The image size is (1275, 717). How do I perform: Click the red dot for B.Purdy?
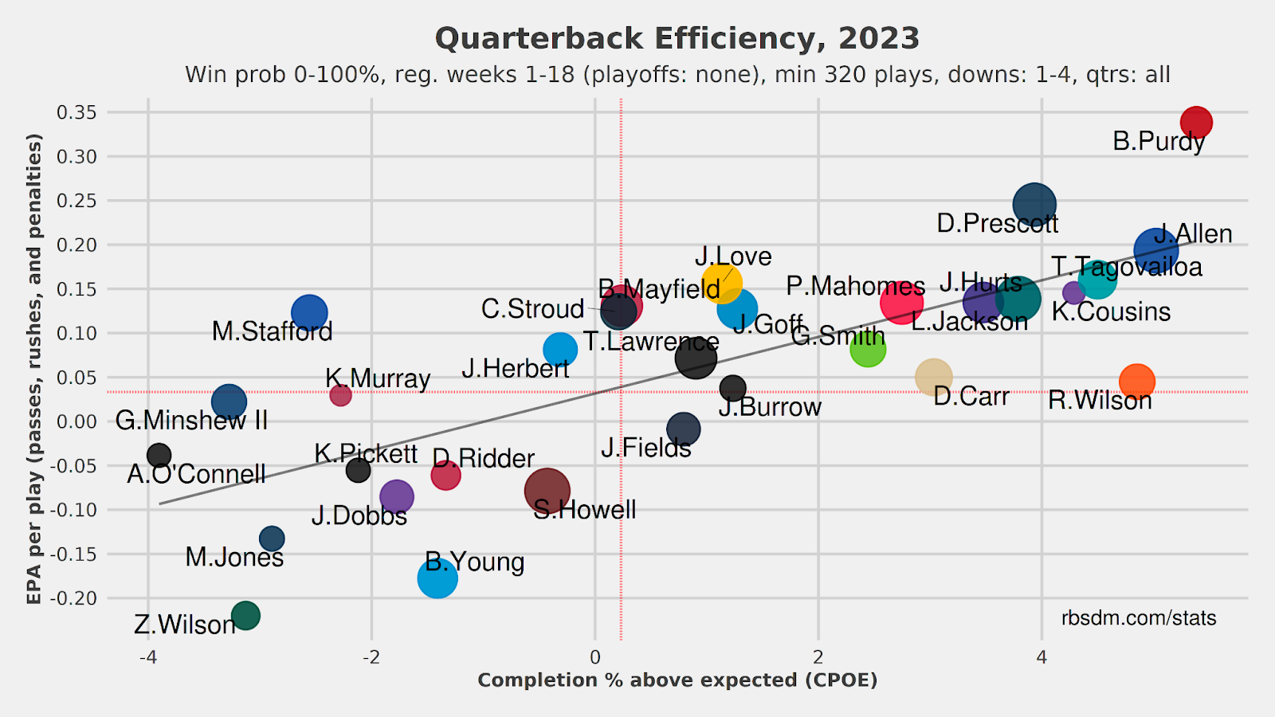coord(1196,123)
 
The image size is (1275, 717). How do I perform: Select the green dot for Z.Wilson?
coord(245,616)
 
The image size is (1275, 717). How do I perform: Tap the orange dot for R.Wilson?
coord(1136,382)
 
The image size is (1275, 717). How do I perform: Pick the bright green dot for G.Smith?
coord(867,349)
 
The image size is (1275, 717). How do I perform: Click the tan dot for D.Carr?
coord(933,377)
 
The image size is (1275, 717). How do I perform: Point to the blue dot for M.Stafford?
coord(309,313)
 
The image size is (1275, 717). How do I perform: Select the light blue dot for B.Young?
coord(437,578)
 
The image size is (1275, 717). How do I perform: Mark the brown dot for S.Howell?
coord(547,491)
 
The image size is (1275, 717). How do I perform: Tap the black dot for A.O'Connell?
coord(159,456)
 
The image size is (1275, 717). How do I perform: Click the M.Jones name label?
coord(234,557)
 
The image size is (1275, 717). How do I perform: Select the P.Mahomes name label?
coord(855,286)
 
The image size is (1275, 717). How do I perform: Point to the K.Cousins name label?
coord(1111,311)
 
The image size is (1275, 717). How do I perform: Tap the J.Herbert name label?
coord(515,369)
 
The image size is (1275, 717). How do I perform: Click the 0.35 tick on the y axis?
coord(76,112)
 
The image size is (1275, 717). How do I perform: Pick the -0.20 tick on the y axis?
coord(73,598)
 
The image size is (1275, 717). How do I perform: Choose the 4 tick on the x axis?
coord(1042,657)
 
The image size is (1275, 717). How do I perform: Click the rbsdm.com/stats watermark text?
coord(1139,618)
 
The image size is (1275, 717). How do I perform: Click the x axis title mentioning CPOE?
coord(677,680)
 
